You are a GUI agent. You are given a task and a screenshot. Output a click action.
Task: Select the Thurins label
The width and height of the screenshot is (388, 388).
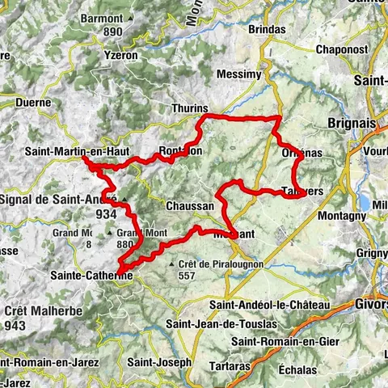191,108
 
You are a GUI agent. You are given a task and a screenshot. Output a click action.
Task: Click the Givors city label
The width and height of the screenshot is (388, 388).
372,305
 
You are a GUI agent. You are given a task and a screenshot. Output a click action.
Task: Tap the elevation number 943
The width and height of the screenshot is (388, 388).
14,325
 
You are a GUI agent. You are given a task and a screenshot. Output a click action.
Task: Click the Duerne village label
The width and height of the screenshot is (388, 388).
32,103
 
